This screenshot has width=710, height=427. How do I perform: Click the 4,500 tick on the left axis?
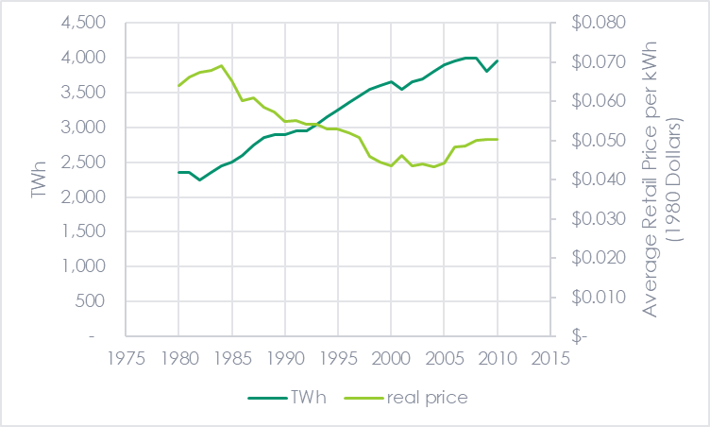pyautogui.click(x=84, y=23)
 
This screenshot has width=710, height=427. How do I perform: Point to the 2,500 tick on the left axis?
pyautogui.click(x=84, y=162)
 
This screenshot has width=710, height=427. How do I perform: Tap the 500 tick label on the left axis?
pyautogui.click(x=92, y=301)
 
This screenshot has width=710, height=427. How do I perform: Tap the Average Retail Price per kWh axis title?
pyautogui.click(x=661, y=179)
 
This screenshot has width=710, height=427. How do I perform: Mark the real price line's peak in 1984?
pyautogui.click(x=221, y=65)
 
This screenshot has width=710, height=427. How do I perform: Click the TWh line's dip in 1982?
pyautogui.click(x=200, y=179)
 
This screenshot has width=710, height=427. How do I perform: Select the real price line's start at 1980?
pyautogui.click(x=178, y=86)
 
